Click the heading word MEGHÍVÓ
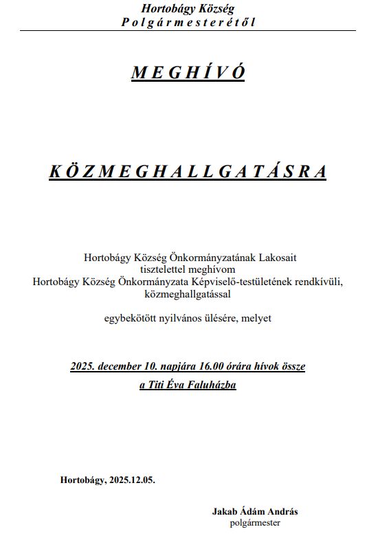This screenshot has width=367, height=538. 188,74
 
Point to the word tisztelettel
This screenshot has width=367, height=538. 164,269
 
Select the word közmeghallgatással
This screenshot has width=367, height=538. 188,293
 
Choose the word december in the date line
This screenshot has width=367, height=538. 127,366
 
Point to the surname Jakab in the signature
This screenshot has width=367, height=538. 225,512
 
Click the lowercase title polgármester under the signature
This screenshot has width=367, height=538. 255,523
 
